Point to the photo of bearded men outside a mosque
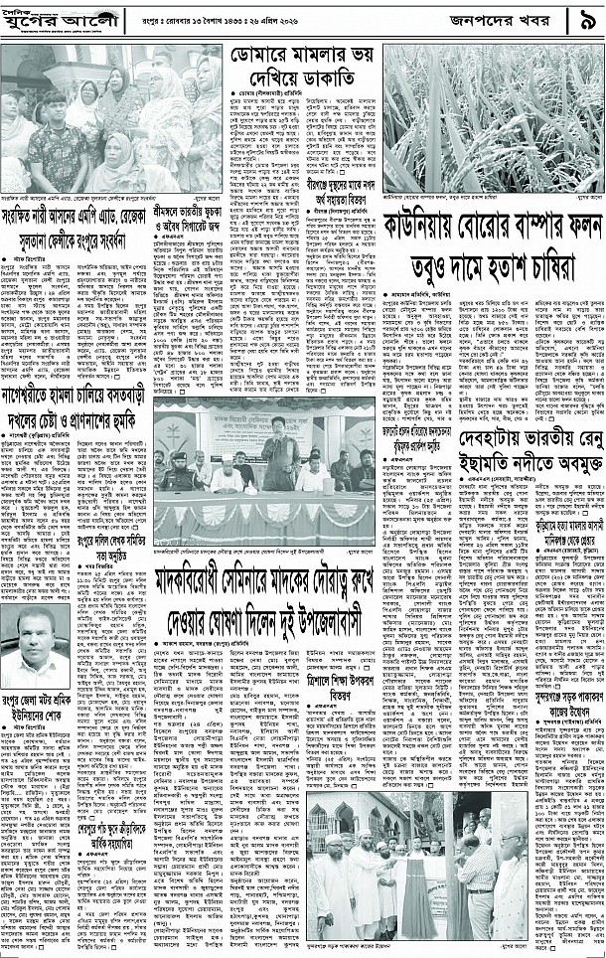[393, 879]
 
